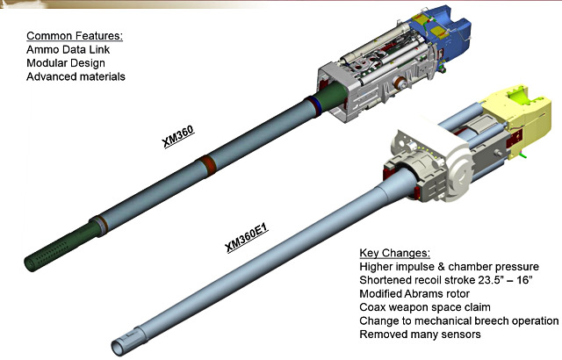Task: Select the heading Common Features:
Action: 74,36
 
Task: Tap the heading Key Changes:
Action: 395,253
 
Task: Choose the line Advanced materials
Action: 76,77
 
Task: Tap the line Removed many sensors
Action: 420,335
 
